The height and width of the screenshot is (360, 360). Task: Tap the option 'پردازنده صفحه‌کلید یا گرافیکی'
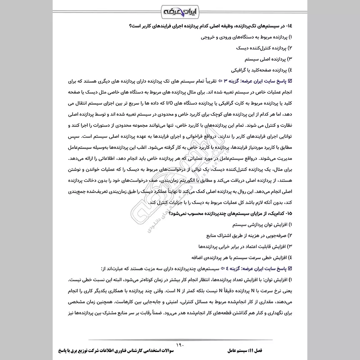260,70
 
